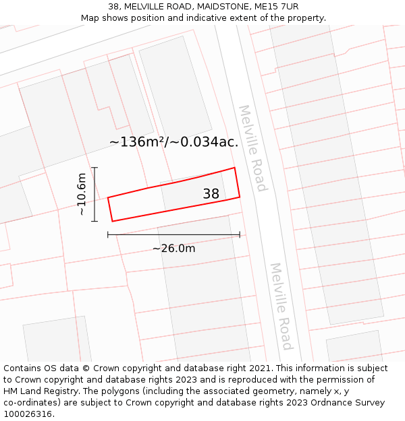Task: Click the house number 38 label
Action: coord(211,194)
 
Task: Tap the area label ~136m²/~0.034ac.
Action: coord(173,142)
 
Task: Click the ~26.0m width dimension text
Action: coord(173,249)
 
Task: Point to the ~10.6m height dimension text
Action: coord(82,194)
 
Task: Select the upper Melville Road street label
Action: coord(252,148)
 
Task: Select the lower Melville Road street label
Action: coord(281,306)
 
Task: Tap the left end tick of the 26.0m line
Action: coord(108,234)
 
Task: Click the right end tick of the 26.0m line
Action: coord(240,234)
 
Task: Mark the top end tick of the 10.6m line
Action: coord(94,168)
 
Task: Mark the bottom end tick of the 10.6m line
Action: coord(94,221)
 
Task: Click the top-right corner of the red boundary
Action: coord(234,168)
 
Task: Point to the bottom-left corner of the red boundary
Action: coord(112,221)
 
